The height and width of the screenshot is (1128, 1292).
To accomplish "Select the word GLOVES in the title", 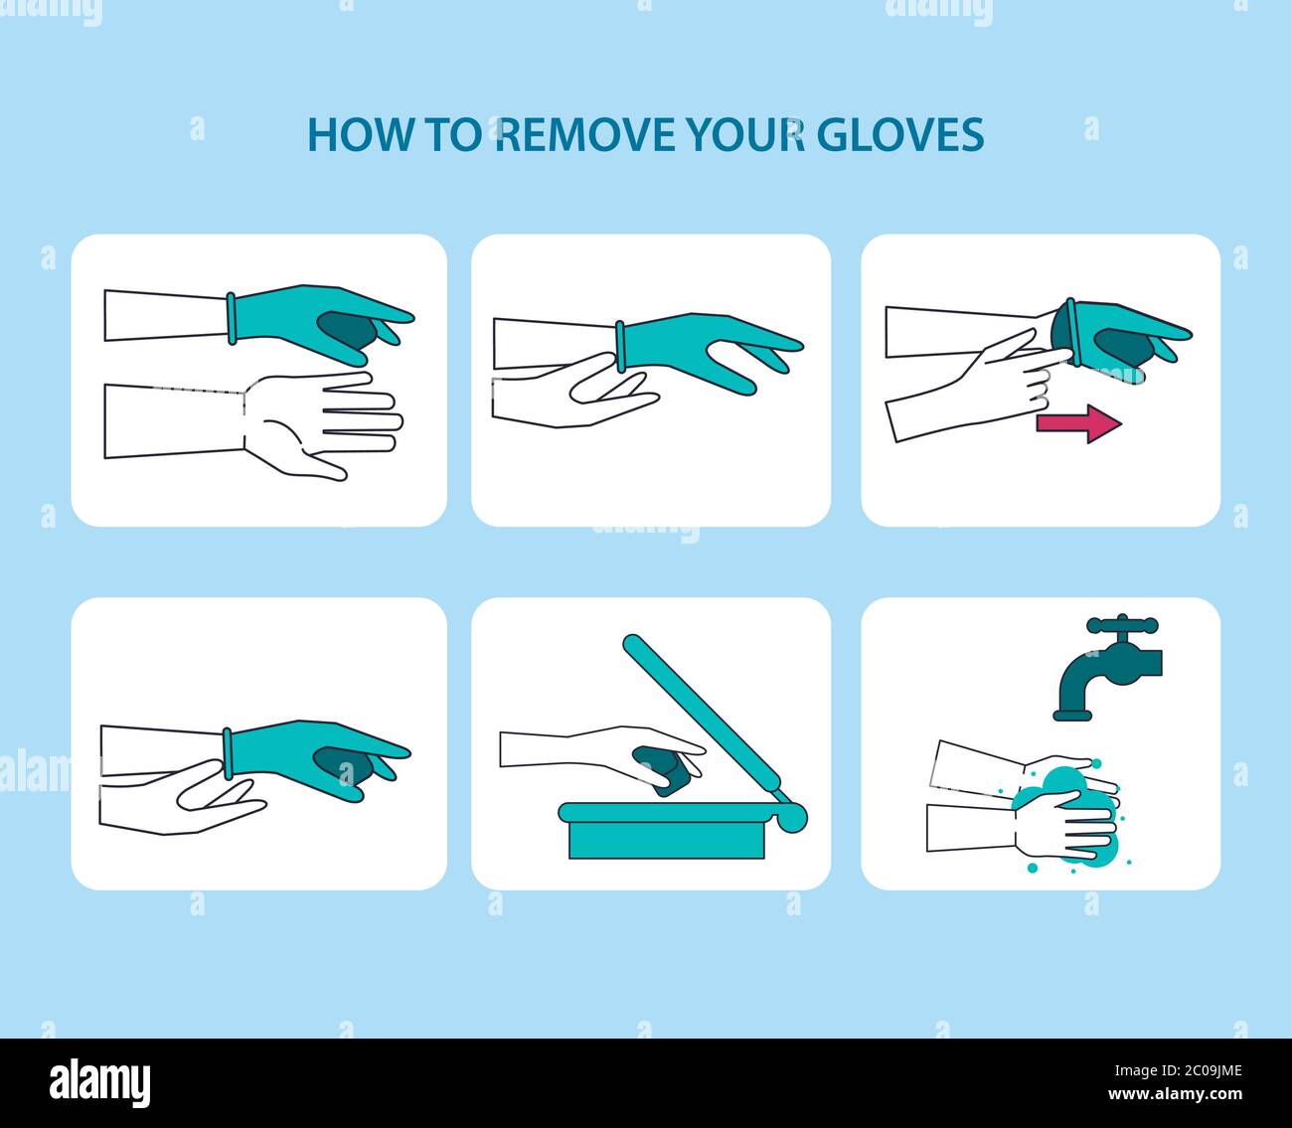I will [901, 134].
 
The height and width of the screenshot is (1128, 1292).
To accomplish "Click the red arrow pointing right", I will [1078, 423].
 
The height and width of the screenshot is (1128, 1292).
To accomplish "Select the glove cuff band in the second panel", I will [619, 346].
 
